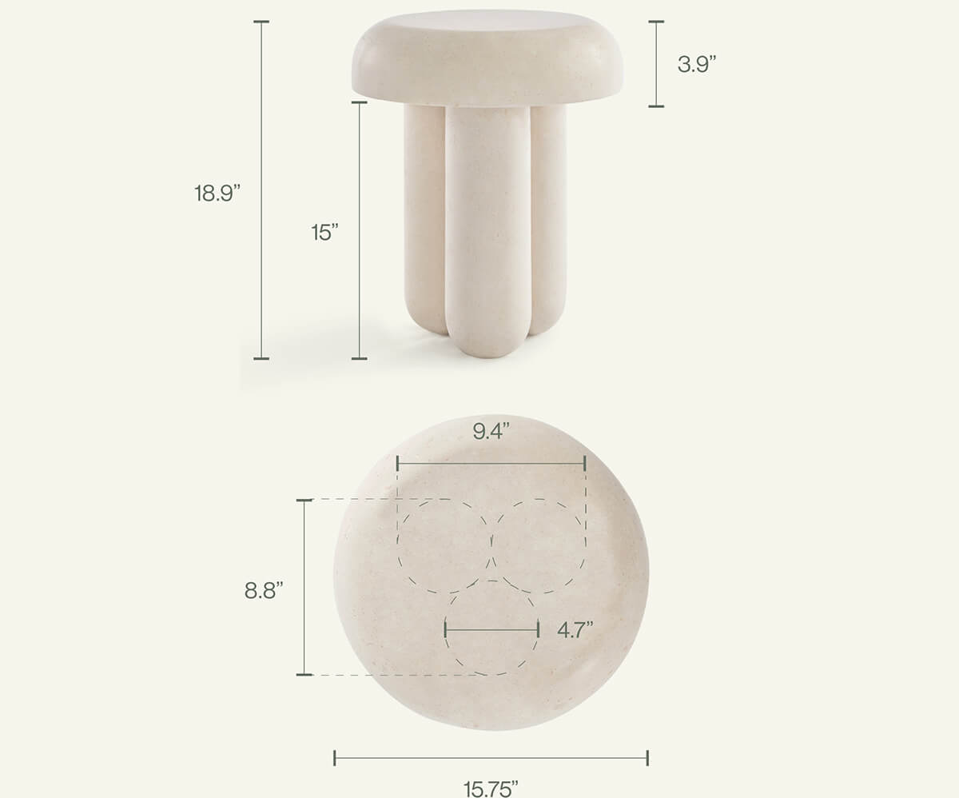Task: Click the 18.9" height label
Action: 217,194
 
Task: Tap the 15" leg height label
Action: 325,233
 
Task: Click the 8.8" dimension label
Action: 263,591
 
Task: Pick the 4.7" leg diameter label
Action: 575,629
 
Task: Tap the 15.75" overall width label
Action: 491,788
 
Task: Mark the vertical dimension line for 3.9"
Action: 656,64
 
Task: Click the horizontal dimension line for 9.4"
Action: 491,463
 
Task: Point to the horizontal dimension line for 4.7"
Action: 491,630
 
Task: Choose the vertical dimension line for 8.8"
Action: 304,588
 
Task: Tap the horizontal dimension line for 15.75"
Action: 491,757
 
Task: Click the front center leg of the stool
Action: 487,232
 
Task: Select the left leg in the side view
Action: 424,216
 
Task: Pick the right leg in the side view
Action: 550,216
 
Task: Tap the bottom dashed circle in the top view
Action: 491,640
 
